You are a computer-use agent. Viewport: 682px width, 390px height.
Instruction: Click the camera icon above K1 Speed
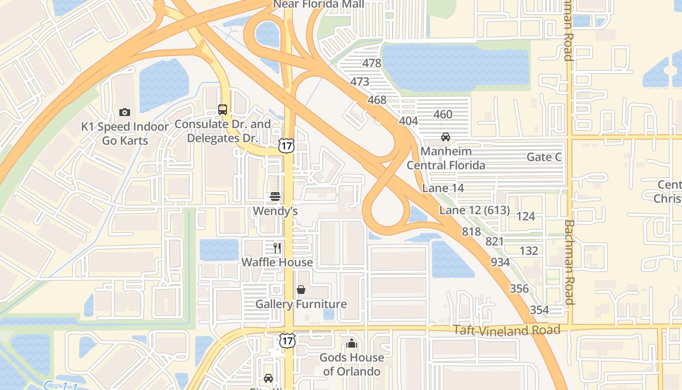tap(125, 113)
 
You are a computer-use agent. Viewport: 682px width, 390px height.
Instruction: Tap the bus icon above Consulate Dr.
tap(223, 110)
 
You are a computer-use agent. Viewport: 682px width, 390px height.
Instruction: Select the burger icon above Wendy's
tap(275, 196)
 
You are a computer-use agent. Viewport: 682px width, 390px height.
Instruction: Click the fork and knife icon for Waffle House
tap(277, 248)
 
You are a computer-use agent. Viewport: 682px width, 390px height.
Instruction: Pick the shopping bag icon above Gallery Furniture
tap(301, 290)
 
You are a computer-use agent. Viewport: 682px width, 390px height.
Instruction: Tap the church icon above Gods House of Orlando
tap(351, 343)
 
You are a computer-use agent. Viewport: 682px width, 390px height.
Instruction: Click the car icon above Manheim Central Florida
tap(445, 137)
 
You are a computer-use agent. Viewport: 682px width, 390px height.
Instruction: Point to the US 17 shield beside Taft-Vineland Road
tap(287, 340)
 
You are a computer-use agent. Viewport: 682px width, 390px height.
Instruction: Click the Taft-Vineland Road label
tap(507, 330)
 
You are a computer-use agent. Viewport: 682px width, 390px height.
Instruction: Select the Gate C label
tap(544, 157)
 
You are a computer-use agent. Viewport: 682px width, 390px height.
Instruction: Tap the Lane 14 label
tap(443, 188)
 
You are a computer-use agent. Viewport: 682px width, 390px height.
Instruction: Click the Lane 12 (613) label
tap(474, 211)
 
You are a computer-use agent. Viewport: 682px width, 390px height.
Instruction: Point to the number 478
tap(372, 63)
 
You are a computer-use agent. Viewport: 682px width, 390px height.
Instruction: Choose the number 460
tap(442, 115)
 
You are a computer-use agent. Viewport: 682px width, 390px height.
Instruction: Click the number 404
tap(408, 121)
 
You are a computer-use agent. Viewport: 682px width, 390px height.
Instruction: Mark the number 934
tap(500, 262)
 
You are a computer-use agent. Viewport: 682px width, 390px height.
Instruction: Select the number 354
tap(539, 310)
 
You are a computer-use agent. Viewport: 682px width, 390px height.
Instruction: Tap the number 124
tap(525, 216)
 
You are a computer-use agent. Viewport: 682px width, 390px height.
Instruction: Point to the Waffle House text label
tap(277, 262)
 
